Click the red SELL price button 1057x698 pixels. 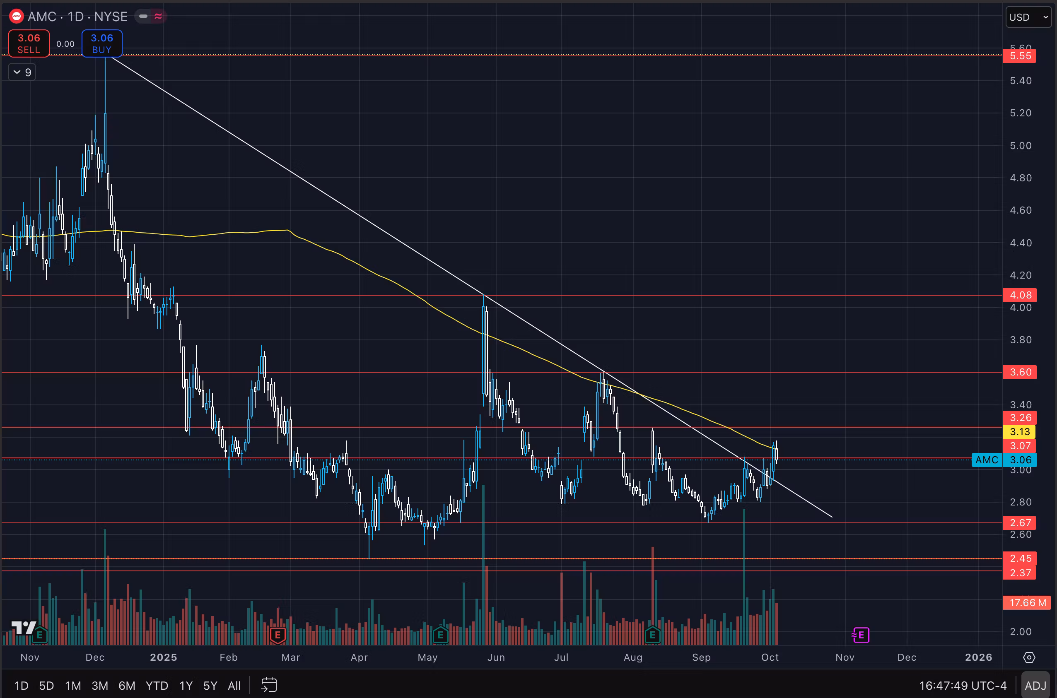click(x=29, y=43)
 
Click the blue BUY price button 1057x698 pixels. click(x=101, y=43)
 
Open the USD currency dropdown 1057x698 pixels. click(x=1028, y=17)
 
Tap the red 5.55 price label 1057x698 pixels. click(x=1020, y=56)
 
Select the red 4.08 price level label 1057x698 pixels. click(x=1020, y=295)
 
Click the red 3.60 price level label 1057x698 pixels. click(x=1020, y=372)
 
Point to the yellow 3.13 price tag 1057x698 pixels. click(x=1020, y=432)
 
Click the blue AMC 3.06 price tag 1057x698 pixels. click(x=1004, y=460)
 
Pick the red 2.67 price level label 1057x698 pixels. click(x=1020, y=522)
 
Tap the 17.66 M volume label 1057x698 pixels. click(x=1027, y=603)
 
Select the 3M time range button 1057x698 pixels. click(x=100, y=686)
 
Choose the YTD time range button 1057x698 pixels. click(x=157, y=686)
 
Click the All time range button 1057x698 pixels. click(x=234, y=686)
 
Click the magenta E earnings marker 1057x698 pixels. click(x=861, y=635)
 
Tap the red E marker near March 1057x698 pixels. click(x=278, y=635)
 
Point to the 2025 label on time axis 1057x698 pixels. click(x=164, y=657)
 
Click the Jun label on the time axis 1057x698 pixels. click(x=496, y=657)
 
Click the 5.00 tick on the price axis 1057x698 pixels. click(x=1021, y=146)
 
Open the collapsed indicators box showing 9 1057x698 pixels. click(x=22, y=72)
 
